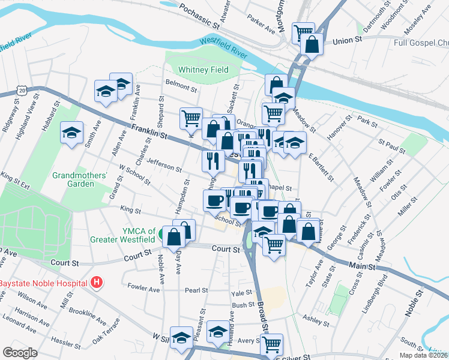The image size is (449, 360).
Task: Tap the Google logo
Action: pyautogui.click(x=20, y=353)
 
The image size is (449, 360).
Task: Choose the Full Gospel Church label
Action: pyautogui.click(x=421, y=43)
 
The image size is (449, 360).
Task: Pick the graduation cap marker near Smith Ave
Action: pyautogui.click(x=72, y=133)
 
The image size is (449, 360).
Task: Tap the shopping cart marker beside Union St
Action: pyautogui.click(x=303, y=31)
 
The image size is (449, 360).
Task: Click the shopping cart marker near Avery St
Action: pyautogui.click(x=271, y=344)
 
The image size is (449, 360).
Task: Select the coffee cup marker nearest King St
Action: pyautogui.click(x=214, y=200)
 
